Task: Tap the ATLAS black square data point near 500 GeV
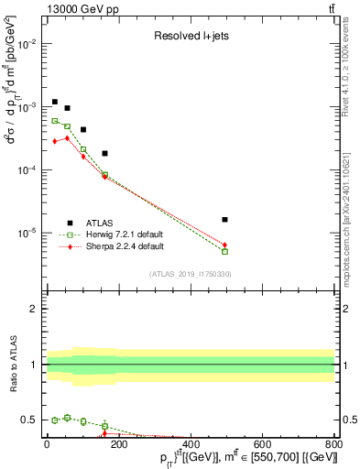[225, 220]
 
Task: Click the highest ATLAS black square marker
[55, 102]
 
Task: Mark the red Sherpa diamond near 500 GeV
[225, 245]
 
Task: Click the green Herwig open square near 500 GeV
[225, 251]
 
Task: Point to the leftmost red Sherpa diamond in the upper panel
[55, 141]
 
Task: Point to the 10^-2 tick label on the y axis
[27, 44]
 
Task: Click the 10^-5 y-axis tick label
[27, 233]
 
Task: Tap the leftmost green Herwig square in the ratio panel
[55, 420]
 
